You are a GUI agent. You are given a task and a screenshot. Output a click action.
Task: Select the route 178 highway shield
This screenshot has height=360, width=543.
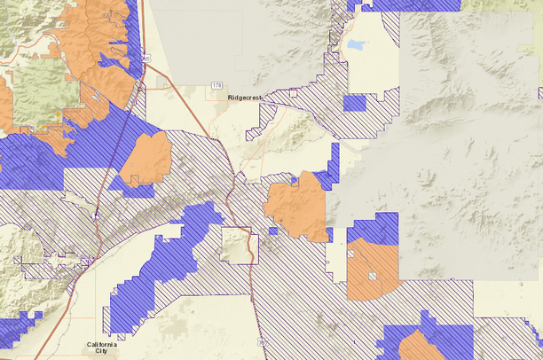click(x=217, y=85)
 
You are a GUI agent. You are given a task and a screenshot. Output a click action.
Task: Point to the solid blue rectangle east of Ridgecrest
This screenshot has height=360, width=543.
click(x=354, y=103)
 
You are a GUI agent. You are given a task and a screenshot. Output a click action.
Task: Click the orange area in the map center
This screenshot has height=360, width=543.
click(x=296, y=206)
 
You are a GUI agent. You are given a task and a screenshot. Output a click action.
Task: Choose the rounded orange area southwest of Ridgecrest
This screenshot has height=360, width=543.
click(x=146, y=160)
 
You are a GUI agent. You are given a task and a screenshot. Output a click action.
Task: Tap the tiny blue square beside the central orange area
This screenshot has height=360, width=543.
click(x=273, y=231)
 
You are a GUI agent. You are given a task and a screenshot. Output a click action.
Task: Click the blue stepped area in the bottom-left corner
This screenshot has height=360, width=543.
click(x=18, y=330)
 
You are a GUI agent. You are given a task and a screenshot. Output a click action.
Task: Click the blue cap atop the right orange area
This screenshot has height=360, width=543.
click(x=373, y=228)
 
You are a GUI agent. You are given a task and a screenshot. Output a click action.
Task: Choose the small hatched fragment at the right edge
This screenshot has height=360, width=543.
click(x=539, y=92)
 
